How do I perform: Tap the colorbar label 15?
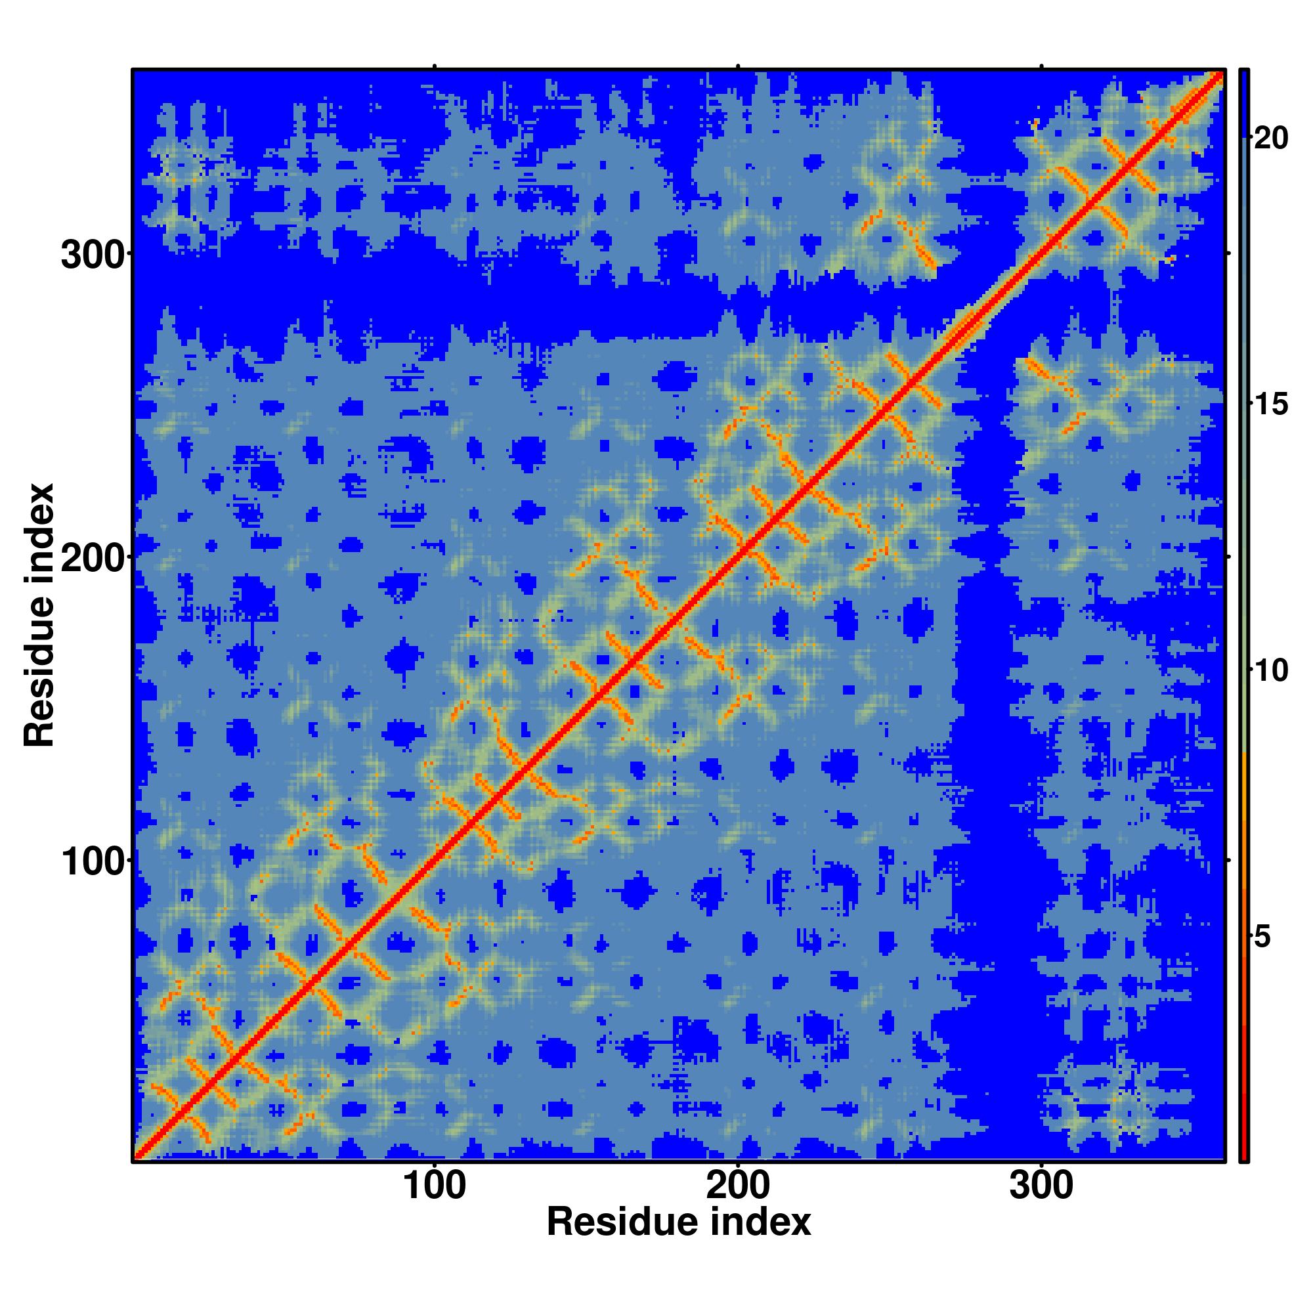(x=1271, y=405)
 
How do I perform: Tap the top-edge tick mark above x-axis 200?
(x=738, y=66)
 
